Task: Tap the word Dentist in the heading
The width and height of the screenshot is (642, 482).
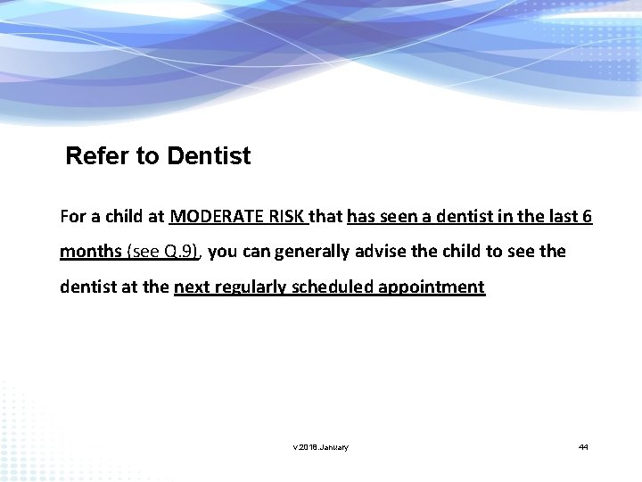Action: pyautogui.click(x=209, y=157)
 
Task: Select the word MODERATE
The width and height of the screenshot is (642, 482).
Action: pyautogui.click(x=215, y=217)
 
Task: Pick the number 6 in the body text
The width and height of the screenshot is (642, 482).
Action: pyautogui.click(x=587, y=217)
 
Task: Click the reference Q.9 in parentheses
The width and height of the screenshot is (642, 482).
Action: pyautogui.click(x=179, y=252)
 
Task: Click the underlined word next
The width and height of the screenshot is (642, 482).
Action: pyautogui.click(x=193, y=287)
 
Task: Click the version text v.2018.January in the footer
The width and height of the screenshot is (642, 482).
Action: pyautogui.click(x=321, y=447)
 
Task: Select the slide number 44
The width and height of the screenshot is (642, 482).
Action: pyautogui.click(x=583, y=447)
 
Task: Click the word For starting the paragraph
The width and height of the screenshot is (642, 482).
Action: pyautogui.click(x=72, y=217)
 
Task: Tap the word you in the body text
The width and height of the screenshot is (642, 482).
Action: pyautogui.click(x=222, y=252)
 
